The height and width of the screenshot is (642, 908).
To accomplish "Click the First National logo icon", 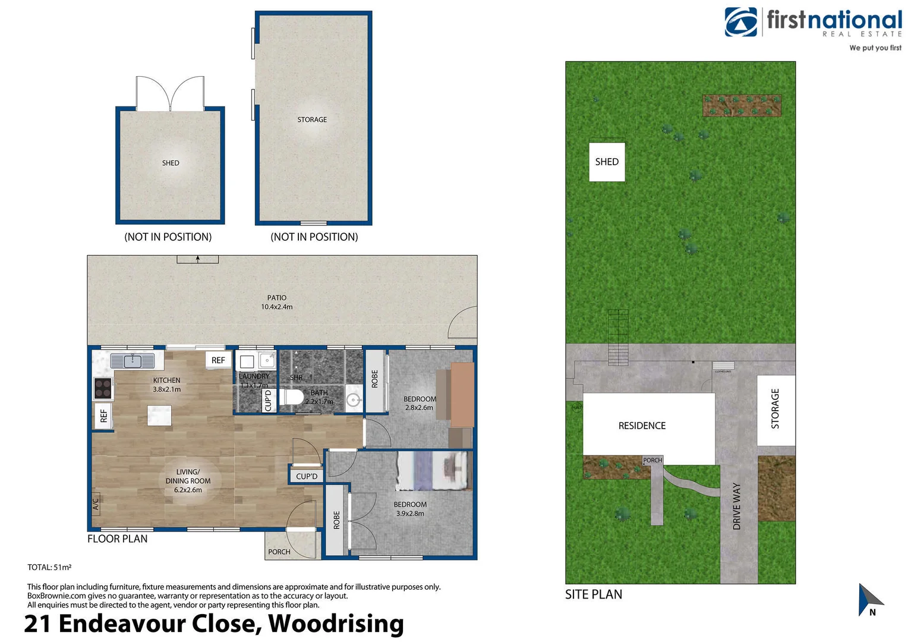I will (x=740, y=22).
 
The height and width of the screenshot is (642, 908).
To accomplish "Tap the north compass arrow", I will (x=869, y=599).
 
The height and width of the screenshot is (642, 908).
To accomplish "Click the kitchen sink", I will (x=133, y=361).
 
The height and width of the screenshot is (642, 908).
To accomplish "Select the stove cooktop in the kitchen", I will (x=103, y=388).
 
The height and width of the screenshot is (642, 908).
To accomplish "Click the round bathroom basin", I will (x=354, y=400).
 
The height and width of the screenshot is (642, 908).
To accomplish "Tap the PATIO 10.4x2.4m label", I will (x=276, y=302).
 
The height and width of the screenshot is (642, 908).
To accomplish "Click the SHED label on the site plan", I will (x=607, y=162).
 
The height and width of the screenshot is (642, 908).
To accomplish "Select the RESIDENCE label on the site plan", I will (x=642, y=426).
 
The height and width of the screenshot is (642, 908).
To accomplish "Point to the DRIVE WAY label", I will (x=737, y=506).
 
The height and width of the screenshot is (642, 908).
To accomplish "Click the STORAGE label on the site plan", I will (x=775, y=408).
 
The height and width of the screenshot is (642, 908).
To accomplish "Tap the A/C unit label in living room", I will (x=96, y=504).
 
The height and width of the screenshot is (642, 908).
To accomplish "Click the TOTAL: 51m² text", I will (x=49, y=567).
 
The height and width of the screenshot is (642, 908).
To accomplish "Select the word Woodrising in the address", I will (x=336, y=624).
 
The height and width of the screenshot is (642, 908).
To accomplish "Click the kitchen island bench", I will (x=159, y=415).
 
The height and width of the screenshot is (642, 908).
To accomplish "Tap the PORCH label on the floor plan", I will (x=279, y=552).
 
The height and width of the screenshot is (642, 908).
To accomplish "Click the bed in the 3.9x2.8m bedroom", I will (x=432, y=471).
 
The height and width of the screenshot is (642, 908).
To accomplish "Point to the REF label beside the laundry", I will (x=218, y=360).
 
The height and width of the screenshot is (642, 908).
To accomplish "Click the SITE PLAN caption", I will (x=593, y=594).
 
